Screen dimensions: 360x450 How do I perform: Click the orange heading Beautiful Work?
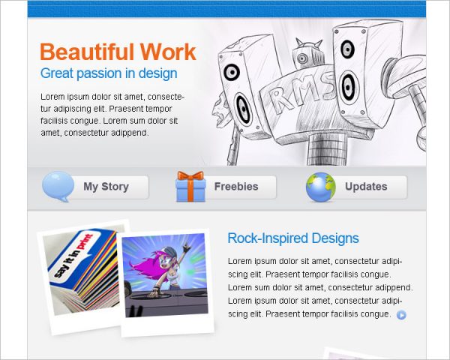coord(118,52)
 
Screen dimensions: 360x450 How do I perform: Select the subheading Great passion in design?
coord(109,73)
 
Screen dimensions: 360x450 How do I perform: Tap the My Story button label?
coord(106,187)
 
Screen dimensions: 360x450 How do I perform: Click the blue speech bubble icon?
coord(58,186)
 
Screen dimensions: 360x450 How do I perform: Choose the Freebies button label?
coord(235,187)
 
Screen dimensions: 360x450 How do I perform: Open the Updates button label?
coord(366,187)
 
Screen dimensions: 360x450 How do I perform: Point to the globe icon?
coord(320,187)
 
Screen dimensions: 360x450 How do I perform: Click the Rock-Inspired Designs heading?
coord(292,238)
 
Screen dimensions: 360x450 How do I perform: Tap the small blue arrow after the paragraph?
coord(401,315)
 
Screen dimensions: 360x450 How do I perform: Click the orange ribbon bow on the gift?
coord(190,178)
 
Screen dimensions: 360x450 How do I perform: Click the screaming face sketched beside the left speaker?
coord(220,112)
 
